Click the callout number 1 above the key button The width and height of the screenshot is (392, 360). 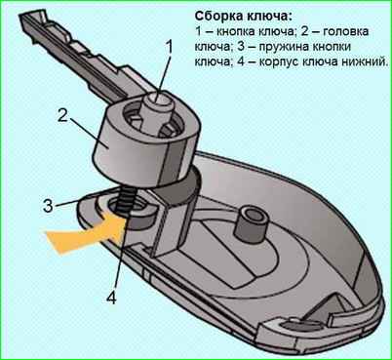[x=169, y=48]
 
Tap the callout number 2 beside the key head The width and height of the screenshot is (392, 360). [x=62, y=115]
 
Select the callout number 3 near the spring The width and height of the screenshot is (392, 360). [x=48, y=206]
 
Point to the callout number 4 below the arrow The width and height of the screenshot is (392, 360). [x=111, y=297]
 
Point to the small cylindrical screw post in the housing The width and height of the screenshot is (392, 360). [x=250, y=223]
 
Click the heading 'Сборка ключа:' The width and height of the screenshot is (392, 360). [x=242, y=17]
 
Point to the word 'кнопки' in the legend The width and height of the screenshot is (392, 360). [x=333, y=47]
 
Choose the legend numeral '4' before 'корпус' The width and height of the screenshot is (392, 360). [x=241, y=61]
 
